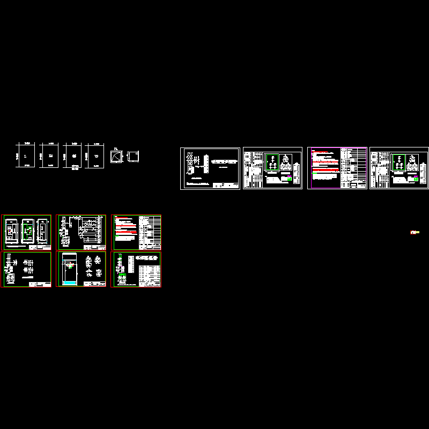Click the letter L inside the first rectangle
click(x=26, y=156)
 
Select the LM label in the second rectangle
click(x=50, y=156)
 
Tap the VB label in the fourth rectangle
click(x=96, y=156)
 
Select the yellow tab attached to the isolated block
click(x=417, y=232)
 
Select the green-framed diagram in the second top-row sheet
click(x=272, y=162)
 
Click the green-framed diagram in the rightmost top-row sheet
click(x=398, y=162)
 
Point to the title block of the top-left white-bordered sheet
click(x=226, y=186)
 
